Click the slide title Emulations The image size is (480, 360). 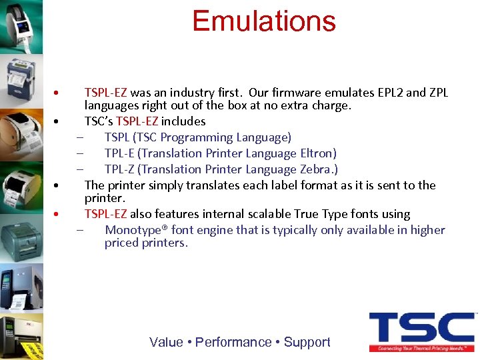pos(263,21)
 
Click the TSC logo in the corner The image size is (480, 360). pos(421,331)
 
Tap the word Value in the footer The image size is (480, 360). pos(166,342)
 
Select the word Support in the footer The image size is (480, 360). pos(307,342)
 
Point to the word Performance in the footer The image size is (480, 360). pos(233,342)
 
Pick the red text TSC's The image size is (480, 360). pos(99,121)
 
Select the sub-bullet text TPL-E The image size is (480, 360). pos(120,153)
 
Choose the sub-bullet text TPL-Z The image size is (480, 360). pos(120,169)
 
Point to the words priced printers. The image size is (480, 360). pos(146,243)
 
